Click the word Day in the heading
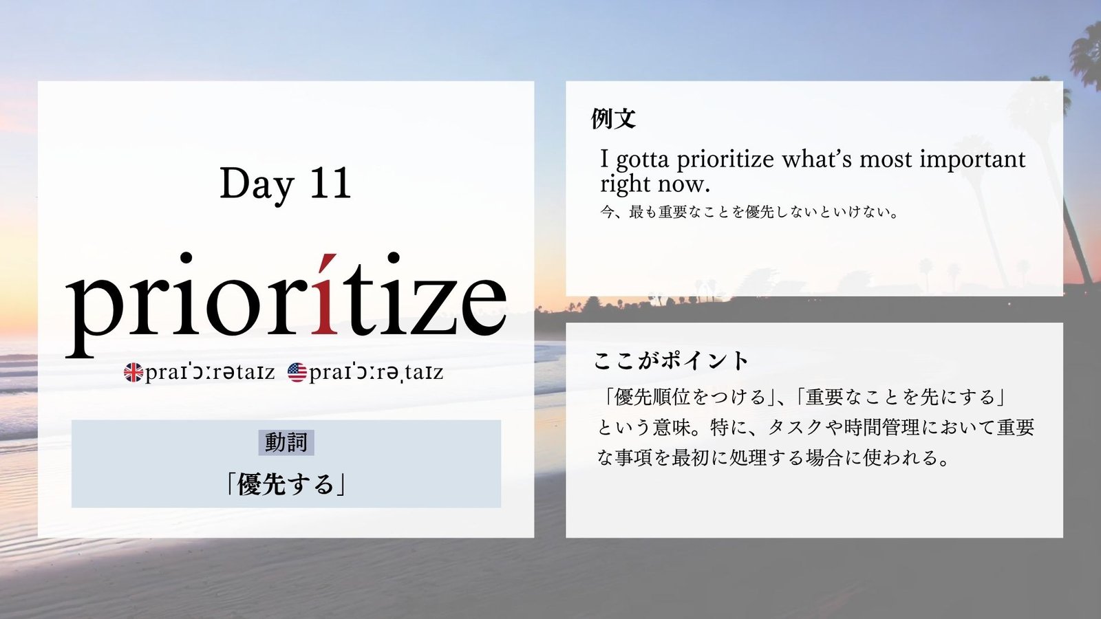(x=256, y=185)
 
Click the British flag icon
(x=133, y=372)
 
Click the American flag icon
(x=297, y=372)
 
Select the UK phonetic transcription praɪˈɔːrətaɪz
(x=210, y=373)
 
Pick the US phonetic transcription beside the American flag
(x=376, y=373)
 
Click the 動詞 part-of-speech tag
(x=286, y=443)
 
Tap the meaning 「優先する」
(x=286, y=484)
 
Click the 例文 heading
(x=613, y=118)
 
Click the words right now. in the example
(x=656, y=184)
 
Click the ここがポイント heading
(x=671, y=361)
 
